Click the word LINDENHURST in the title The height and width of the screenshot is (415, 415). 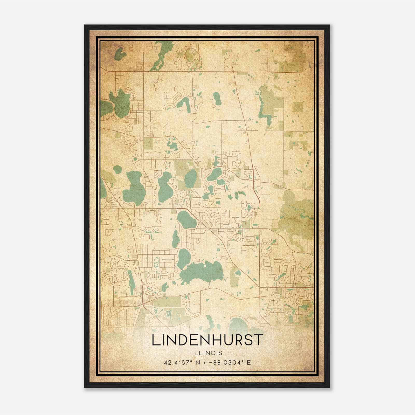[x=207, y=340]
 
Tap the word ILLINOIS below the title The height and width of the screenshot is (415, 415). [x=207, y=353]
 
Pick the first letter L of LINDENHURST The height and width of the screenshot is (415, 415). [x=155, y=340]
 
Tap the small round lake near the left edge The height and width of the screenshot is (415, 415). [x=117, y=170]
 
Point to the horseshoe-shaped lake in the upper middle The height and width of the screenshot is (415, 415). [x=185, y=104]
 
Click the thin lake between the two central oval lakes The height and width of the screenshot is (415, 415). [x=176, y=239]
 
